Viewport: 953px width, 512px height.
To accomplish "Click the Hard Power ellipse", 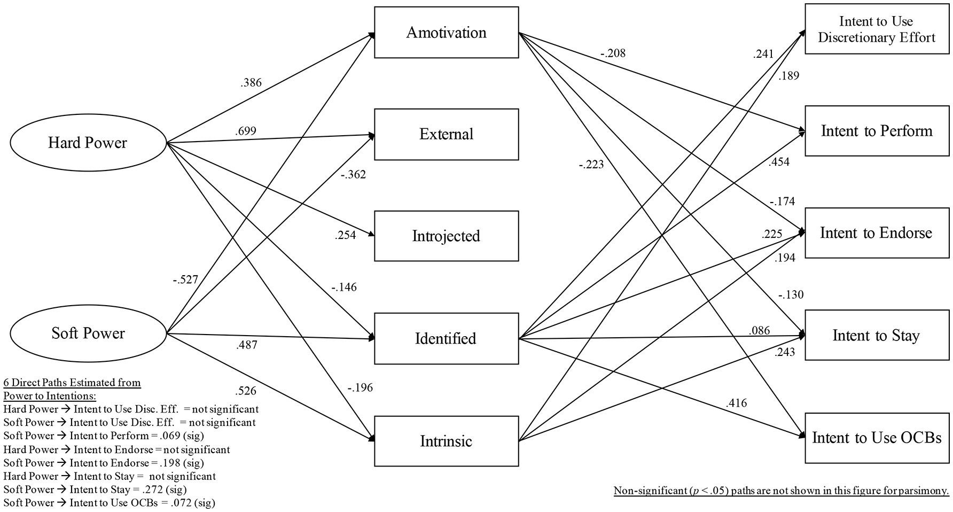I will (88, 143).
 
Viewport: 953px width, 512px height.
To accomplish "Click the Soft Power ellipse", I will (88, 333).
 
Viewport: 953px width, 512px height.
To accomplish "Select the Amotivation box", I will (446, 33).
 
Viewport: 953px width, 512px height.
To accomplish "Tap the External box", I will (446, 134).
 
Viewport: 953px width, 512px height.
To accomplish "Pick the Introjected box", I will (446, 236).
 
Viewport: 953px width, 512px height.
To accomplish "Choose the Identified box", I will (446, 339).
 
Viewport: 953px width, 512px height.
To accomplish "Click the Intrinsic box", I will (446, 441).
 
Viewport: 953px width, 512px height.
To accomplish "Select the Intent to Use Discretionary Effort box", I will (877, 29).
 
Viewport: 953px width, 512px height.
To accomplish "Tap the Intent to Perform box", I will (877, 131).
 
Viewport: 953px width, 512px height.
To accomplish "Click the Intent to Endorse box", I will (877, 233).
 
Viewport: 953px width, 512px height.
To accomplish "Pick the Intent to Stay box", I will (877, 336).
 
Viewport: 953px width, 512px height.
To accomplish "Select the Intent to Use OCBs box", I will (877, 438).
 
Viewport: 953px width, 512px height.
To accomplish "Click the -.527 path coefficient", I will (185, 280).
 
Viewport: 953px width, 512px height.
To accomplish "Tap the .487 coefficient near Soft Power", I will (246, 345).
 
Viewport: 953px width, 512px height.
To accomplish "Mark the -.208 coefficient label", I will (612, 53).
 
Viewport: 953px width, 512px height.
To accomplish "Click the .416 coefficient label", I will (736, 403).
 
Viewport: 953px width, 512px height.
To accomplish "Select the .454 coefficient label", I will (778, 162).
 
